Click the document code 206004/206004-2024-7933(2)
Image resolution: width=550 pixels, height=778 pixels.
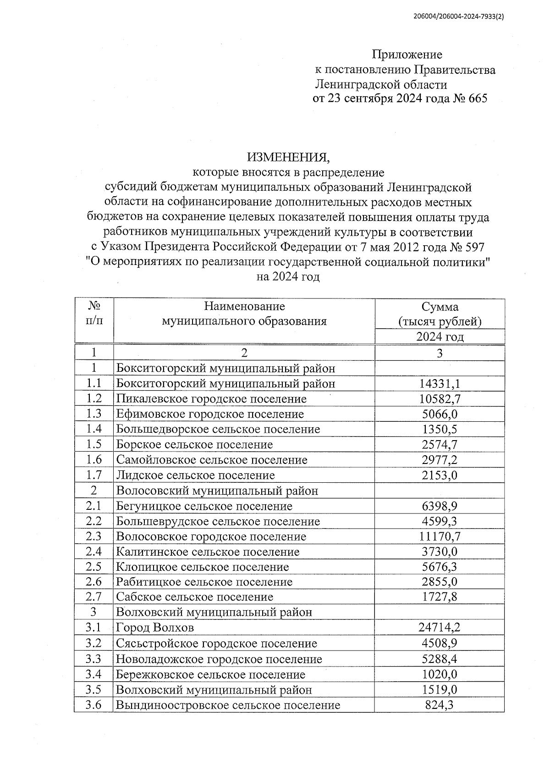(458, 17)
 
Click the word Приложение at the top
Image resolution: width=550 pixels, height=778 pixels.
(407, 55)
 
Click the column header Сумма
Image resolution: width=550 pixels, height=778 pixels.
(440, 307)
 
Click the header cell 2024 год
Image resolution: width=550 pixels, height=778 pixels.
(440, 337)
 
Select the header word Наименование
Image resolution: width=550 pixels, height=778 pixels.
(244, 306)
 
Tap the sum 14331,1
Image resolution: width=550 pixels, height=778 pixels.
(440, 384)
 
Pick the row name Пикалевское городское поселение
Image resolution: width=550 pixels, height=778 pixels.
(211, 399)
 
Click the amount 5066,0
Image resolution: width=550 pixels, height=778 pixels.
(440, 414)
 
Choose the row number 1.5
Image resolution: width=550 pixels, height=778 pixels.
(93, 444)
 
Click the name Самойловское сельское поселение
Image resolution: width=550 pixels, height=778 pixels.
(211, 460)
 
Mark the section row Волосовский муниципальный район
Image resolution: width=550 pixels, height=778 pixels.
(217, 491)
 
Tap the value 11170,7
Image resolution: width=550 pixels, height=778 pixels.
(440, 536)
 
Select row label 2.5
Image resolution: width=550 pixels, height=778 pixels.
(93, 567)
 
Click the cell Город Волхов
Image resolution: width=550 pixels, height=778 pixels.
(155, 628)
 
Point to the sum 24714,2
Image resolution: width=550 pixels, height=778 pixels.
(440, 628)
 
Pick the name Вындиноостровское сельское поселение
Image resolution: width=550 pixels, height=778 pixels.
(228, 705)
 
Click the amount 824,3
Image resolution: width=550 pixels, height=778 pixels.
(440, 705)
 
